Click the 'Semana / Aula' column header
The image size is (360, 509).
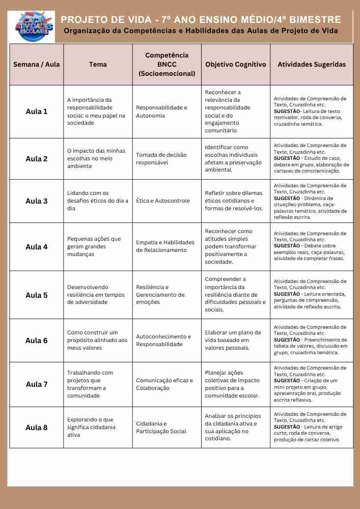[36, 65]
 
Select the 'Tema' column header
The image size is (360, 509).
[98, 65]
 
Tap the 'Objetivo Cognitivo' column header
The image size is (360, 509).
[235, 65]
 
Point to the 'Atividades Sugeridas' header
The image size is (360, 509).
[311, 65]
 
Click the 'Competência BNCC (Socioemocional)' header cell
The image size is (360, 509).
[167, 65]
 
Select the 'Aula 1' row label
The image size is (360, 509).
[37, 111]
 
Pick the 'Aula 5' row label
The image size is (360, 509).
[37, 295]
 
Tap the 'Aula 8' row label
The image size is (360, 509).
[37, 428]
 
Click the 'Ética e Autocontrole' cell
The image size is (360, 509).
[162, 201]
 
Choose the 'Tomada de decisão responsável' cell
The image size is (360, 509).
[161, 159]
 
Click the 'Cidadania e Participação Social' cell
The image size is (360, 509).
[160, 428]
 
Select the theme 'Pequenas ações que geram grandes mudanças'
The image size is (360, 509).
[94, 246]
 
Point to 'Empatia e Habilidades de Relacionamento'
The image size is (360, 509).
[165, 246]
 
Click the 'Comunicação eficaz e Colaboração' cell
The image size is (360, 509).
[164, 384]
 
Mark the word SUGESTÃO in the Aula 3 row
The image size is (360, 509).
[287, 199]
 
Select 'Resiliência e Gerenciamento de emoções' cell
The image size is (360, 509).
[160, 295]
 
